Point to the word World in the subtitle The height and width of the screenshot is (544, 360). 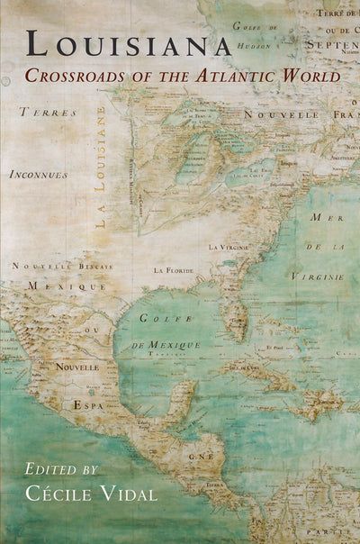coord(314,75)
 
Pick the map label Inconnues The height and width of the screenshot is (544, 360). coord(39,174)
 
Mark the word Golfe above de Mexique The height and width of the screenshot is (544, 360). coord(157,317)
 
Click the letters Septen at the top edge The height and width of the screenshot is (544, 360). coord(331,41)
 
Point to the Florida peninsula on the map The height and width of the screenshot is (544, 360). coord(235,317)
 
